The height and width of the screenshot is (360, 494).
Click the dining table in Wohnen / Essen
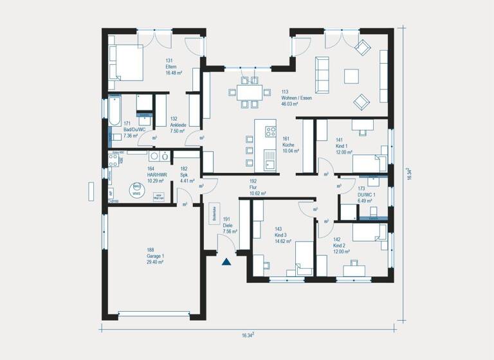click(x=248, y=92)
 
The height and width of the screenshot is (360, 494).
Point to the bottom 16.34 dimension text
click(x=248, y=335)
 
